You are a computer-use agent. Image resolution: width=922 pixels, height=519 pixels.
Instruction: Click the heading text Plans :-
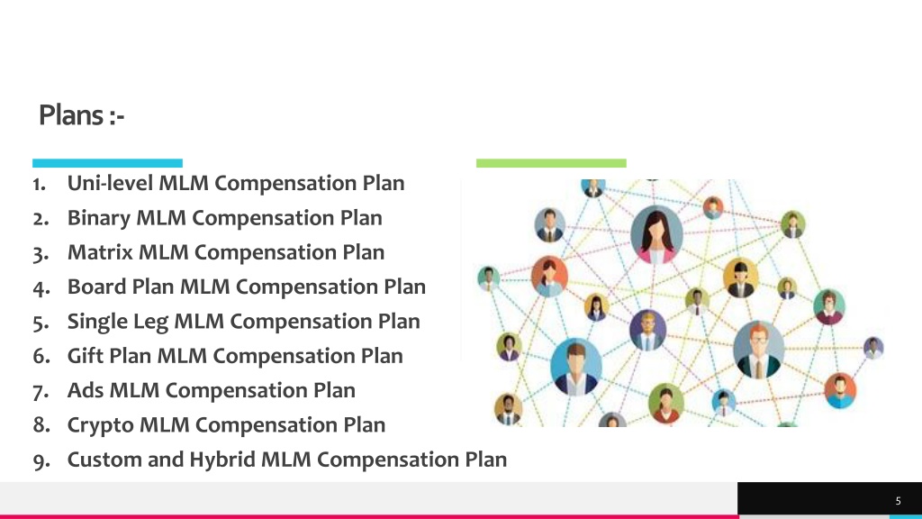click(x=82, y=114)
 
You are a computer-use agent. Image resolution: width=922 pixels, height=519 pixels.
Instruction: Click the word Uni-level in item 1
click(x=110, y=183)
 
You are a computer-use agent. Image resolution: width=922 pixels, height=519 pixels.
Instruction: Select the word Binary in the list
click(x=99, y=218)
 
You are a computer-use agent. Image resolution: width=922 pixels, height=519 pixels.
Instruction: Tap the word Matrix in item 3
click(x=100, y=252)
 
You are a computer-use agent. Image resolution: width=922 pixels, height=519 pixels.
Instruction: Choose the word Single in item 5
click(x=96, y=322)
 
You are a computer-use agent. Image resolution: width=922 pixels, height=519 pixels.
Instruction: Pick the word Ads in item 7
click(x=86, y=390)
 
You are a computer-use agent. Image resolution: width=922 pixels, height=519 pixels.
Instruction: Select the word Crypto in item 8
click(x=101, y=425)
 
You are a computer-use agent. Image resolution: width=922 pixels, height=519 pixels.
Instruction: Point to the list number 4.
click(x=41, y=288)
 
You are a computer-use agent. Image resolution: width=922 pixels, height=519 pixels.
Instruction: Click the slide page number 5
click(x=898, y=501)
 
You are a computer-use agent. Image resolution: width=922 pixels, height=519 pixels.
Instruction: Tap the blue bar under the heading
click(x=108, y=163)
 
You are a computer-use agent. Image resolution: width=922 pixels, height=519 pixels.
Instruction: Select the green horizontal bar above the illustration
click(x=551, y=163)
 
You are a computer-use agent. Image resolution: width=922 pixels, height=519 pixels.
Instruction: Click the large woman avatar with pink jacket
click(x=656, y=234)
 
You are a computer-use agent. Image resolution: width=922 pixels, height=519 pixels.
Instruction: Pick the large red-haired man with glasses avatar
click(x=758, y=350)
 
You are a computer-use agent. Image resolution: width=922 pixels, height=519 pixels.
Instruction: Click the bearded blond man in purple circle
click(x=647, y=330)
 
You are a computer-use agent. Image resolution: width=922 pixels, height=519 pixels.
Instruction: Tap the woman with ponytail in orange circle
click(x=549, y=276)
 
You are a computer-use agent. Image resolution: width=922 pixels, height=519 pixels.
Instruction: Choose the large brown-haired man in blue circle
click(x=575, y=368)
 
